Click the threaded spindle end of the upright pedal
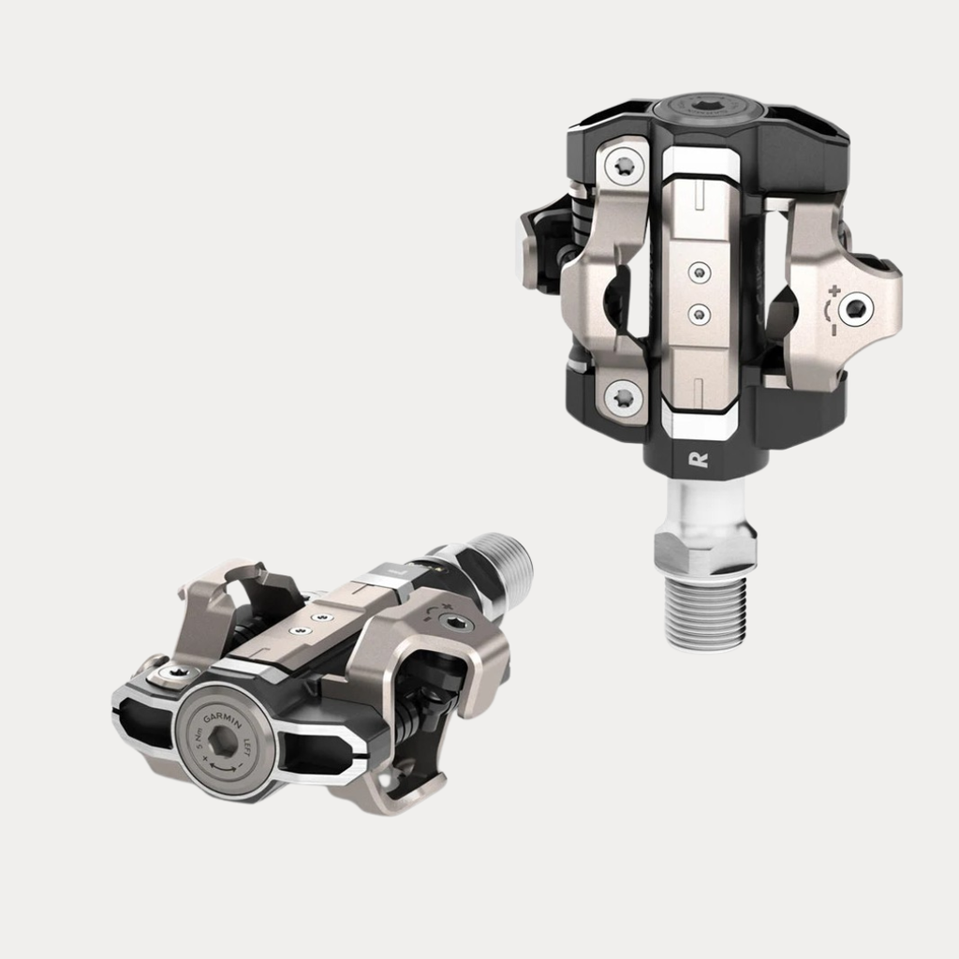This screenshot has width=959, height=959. pos(706,612)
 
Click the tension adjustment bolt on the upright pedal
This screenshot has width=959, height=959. pos(856,308)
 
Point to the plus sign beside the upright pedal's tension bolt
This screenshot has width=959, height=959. pos(833,291)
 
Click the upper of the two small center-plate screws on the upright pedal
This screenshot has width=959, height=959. pos(699,273)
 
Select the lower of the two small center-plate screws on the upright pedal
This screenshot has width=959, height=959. pos(699,313)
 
